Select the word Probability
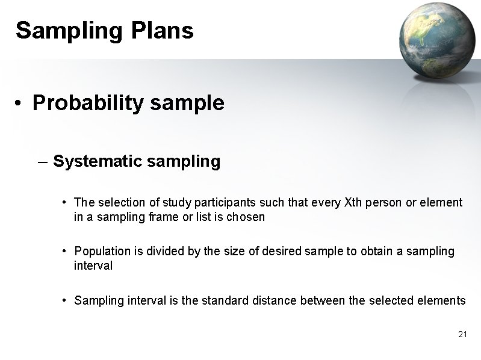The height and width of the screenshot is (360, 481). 88,104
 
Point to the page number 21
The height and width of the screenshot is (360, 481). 462,334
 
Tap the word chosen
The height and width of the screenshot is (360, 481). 246,217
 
